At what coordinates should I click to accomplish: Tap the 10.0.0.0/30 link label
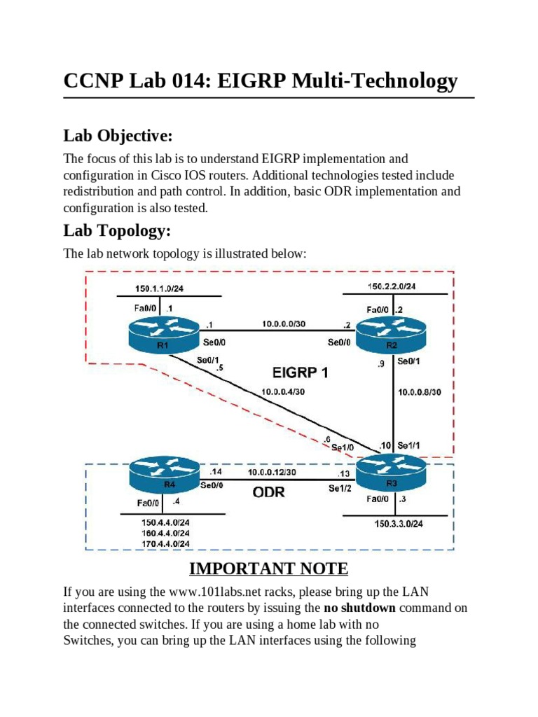click(284, 324)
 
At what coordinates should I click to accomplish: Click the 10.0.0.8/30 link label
click(419, 392)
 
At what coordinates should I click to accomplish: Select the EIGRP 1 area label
click(300, 373)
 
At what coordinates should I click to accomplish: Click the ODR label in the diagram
click(269, 492)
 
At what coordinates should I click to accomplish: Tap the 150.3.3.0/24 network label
click(397, 524)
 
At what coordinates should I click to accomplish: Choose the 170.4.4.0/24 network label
click(165, 543)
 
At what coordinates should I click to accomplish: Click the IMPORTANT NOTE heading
click(269, 567)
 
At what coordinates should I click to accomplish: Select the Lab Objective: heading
click(118, 134)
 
